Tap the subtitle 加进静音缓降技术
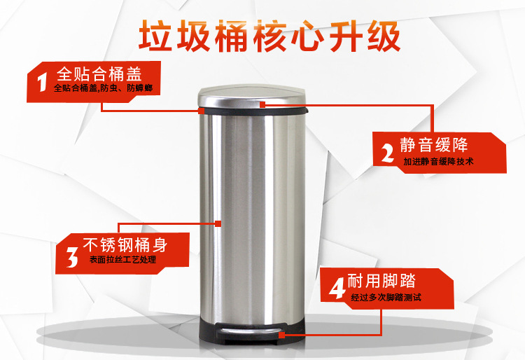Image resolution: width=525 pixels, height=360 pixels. (x=439, y=162)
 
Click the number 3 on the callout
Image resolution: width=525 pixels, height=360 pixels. (x=71, y=254)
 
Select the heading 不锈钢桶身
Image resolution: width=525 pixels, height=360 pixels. (x=126, y=245)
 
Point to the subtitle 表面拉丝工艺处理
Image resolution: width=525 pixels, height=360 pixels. (x=122, y=260)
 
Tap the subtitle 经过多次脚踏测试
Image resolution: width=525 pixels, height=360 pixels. (x=386, y=298)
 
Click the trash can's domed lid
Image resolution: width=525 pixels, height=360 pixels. (x=252, y=95)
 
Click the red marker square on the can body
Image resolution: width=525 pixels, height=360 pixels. (x=219, y=224)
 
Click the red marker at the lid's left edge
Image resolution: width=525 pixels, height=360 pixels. (x=201, y=111)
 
